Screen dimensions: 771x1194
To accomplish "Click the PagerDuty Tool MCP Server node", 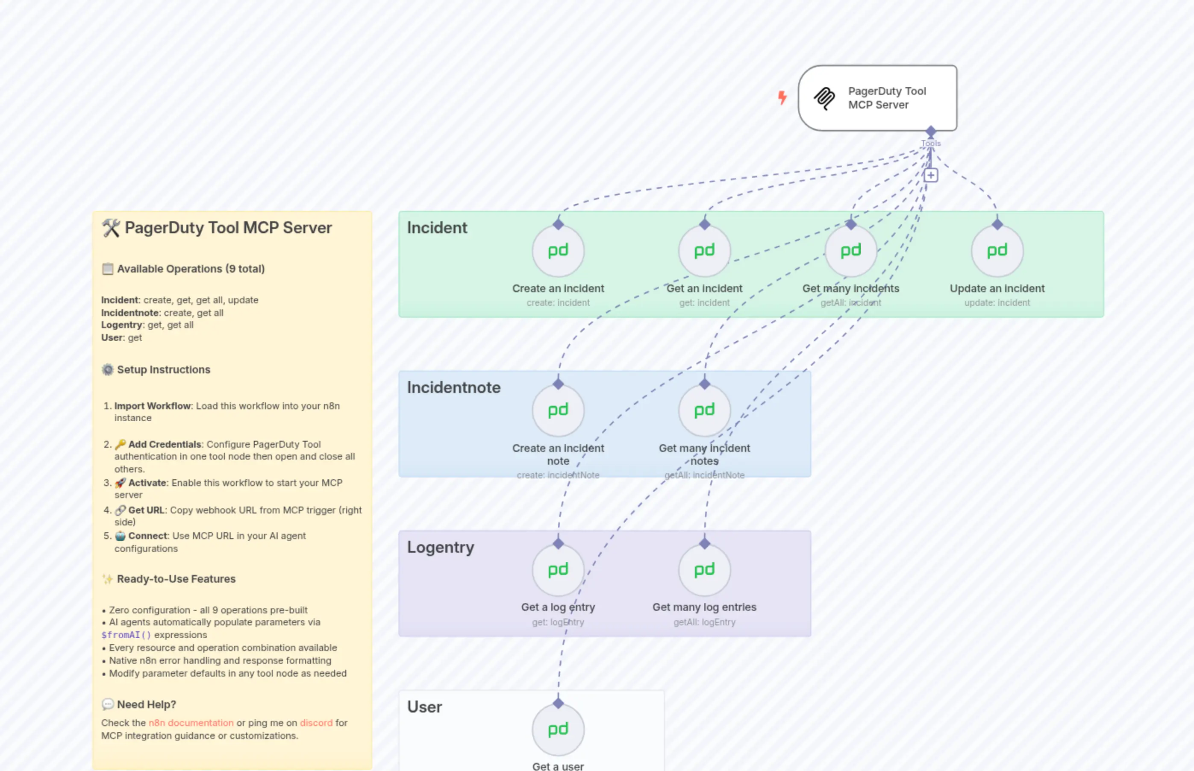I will point(877,98).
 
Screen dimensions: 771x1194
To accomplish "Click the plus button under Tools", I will point(931,175).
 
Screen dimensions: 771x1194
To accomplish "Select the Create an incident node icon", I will point(558,251).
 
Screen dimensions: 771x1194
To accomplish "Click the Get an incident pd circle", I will point(704,251).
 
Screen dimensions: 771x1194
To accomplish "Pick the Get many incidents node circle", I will point(850,251).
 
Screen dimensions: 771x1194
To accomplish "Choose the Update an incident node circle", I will point(997,251).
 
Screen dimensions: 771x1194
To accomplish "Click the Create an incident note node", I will point(558,410).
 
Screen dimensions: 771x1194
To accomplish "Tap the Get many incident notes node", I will point(704,410).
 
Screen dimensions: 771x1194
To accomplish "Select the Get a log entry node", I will point(558,570).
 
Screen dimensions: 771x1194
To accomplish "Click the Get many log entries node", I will point(704,570).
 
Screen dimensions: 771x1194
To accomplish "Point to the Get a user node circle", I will point(558,730).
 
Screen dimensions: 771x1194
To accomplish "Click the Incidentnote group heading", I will point(453,387).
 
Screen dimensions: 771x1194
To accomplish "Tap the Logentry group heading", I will point(440,547).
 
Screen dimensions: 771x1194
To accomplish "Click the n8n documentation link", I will point(191,723).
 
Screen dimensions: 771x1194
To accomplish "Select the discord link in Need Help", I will point(316,723).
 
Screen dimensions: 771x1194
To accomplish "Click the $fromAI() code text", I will point(126,635).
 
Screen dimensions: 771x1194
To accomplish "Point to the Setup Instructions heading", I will point(163,369).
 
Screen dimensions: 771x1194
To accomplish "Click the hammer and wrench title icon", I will point(111,228).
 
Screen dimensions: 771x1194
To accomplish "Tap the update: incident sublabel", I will point(997,303).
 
